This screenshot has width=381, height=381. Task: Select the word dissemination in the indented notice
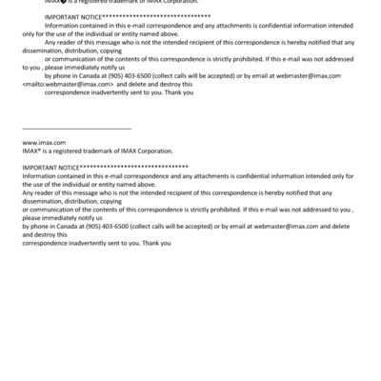pyautogui.click(x=43, y=50)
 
